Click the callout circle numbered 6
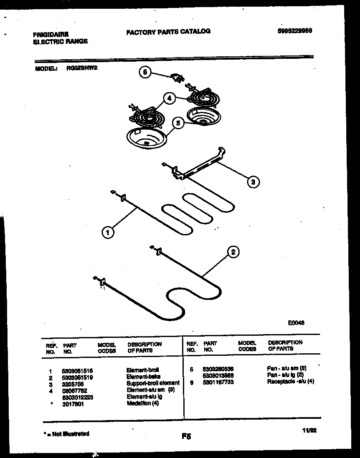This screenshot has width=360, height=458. pos(145,72)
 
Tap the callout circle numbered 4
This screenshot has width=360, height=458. pos(169,99)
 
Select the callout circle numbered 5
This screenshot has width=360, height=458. pos(178,123)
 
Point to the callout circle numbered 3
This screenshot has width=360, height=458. pos(252,181)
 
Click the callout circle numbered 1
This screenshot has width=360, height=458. pos(108,232)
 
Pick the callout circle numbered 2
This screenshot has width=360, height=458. pos(233,252)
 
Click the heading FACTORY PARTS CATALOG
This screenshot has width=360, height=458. pos(168,31)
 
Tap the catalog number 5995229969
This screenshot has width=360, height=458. pos(295,31)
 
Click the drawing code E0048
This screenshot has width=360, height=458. pos(296,322)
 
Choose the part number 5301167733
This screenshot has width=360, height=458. pos(218,381)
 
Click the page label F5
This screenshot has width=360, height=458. pos(186,437)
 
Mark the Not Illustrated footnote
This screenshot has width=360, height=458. pos(66,434)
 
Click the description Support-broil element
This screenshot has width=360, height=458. pos(153,383)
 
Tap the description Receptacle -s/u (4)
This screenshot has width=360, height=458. pos(290,381)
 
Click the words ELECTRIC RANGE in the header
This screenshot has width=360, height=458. pos(60,41)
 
